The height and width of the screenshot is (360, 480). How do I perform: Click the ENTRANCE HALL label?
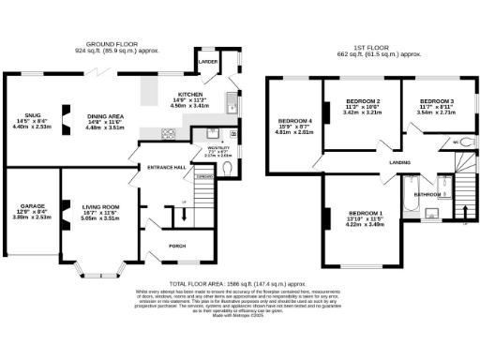click(x=167, y=167)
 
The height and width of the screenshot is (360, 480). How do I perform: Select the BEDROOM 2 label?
click(x=363, y=100)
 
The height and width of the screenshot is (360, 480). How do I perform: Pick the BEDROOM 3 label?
click(x=437, y=100)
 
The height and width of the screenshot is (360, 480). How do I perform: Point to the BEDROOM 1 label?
click(x=366, y=214)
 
